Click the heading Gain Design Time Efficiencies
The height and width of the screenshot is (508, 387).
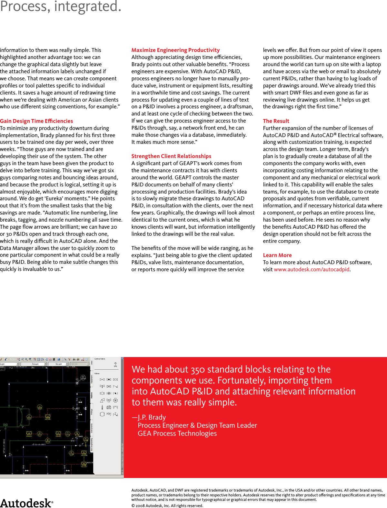(36, 121)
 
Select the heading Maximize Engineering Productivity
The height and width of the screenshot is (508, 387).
(175, 50)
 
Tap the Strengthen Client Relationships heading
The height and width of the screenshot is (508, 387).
(171, 156)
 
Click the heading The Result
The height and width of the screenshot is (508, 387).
(276, 121)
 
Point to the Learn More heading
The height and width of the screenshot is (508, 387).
(277, 255)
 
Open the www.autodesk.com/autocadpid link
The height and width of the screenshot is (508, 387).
(312, 269)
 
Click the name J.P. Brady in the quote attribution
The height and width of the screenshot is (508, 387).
(152, 417)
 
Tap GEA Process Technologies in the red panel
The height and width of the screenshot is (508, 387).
(177, 433)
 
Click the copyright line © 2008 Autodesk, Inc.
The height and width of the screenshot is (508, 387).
(167, 505)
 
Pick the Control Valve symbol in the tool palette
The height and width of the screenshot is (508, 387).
(115, 365)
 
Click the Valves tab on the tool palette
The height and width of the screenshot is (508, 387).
(92, 395)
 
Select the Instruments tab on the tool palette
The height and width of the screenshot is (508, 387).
(92, 428)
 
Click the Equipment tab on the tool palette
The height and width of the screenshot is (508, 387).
(92, 379)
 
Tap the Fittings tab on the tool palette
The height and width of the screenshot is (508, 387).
(92, 412)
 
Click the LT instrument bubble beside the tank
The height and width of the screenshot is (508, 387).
(29, 417)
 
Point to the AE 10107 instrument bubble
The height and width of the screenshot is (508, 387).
(48, 441)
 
